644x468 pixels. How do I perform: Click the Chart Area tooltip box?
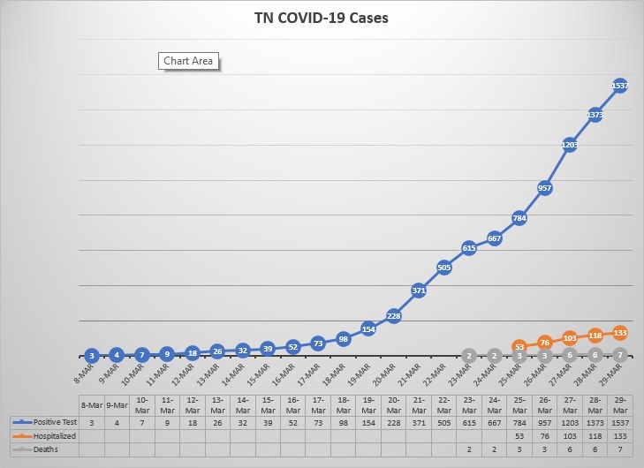coord(188,62)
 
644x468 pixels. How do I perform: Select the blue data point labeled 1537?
coord(620,86)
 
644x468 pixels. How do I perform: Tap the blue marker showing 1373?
coord(595,115)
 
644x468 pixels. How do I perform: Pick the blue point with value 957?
coord(545,188)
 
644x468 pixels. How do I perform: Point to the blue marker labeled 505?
coord(444,268)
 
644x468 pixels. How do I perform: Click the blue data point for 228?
coord(394,316)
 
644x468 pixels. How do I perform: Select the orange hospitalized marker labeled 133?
coord(620,333)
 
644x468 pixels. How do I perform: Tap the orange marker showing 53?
coord(519,347)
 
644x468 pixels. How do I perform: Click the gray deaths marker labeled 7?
coord(620,355)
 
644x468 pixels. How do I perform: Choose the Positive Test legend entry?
coord(45,421)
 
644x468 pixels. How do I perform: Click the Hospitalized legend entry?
coord(45,435)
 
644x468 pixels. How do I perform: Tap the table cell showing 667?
coord(495,421)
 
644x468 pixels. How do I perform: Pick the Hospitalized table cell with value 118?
coord(595,435)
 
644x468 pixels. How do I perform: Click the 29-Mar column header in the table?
coord(620,404)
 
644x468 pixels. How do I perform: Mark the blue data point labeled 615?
coord(469,248)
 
